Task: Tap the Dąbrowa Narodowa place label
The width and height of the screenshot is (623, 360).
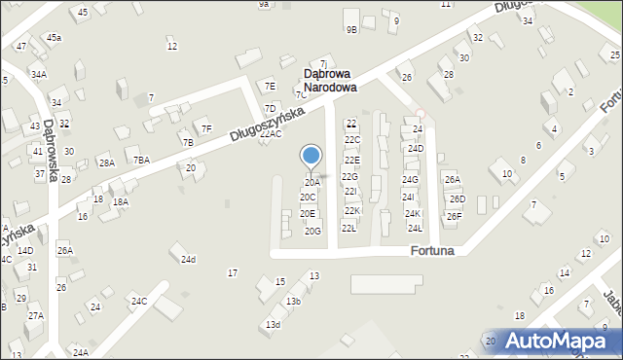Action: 329,80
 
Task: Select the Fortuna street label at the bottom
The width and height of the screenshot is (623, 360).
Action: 431,250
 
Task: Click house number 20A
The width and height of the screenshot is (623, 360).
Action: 311,182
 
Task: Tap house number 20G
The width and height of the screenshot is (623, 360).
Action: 312,231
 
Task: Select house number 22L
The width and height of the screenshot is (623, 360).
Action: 348,228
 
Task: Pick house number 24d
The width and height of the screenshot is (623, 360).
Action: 188,259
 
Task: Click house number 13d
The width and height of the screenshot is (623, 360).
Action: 273,324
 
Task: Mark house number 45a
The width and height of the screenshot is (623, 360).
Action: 54,37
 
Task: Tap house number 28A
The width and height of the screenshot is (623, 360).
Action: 105,162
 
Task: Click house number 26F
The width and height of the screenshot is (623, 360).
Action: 453,216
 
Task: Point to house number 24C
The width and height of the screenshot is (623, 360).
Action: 139,301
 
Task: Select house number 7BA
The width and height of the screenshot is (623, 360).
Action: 142,160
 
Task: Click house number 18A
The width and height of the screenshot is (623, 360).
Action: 120,201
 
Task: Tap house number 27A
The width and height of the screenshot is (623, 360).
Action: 35,315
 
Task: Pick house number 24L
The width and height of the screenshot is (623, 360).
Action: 415,228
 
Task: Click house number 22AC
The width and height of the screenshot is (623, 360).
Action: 271,134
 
